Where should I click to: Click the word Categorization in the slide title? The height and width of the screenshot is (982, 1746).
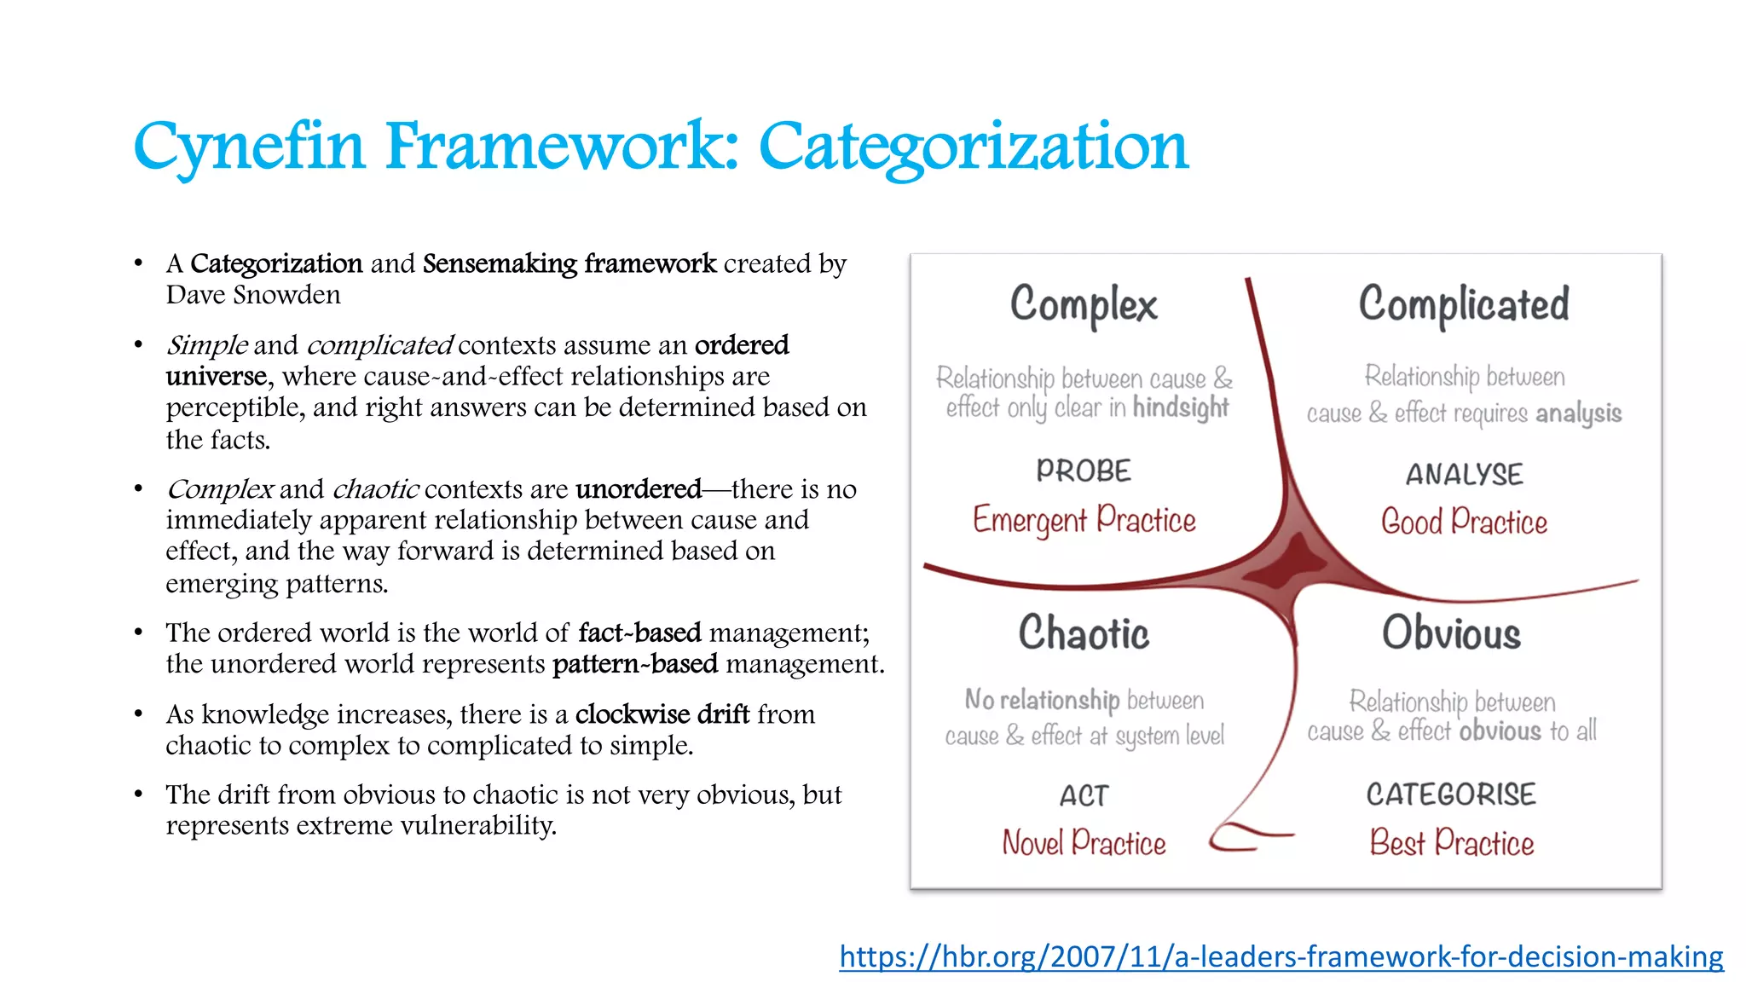point(973,147)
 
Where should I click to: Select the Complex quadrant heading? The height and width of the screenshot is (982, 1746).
point(1084,305)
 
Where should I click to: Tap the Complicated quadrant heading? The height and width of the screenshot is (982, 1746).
point(1463,305)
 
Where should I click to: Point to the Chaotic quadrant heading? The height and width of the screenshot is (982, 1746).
point(1084,633)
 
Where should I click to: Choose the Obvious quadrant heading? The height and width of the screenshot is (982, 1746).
point(1451,633)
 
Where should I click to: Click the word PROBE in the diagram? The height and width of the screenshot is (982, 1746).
point(1084,471)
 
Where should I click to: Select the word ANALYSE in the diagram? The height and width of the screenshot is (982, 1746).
point(1464,474)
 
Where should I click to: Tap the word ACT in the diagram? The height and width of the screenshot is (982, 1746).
point(1084,796)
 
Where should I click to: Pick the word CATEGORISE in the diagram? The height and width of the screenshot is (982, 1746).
point(1451,794)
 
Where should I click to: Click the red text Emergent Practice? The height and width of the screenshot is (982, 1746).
point(1084,520)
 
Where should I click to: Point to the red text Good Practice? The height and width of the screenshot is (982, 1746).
point(1464,522)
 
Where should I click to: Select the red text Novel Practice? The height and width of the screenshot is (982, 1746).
point(1084,843)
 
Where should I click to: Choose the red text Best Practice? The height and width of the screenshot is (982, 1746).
point(1451,843)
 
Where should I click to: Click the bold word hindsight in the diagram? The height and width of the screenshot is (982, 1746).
point(1181,408)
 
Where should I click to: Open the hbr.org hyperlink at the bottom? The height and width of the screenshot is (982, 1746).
point(1281,956)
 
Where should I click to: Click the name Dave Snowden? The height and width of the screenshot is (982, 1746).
point(253,295)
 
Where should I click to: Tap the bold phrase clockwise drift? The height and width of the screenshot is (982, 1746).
point(662,714)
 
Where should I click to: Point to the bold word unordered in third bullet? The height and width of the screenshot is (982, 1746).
point(638,489)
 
